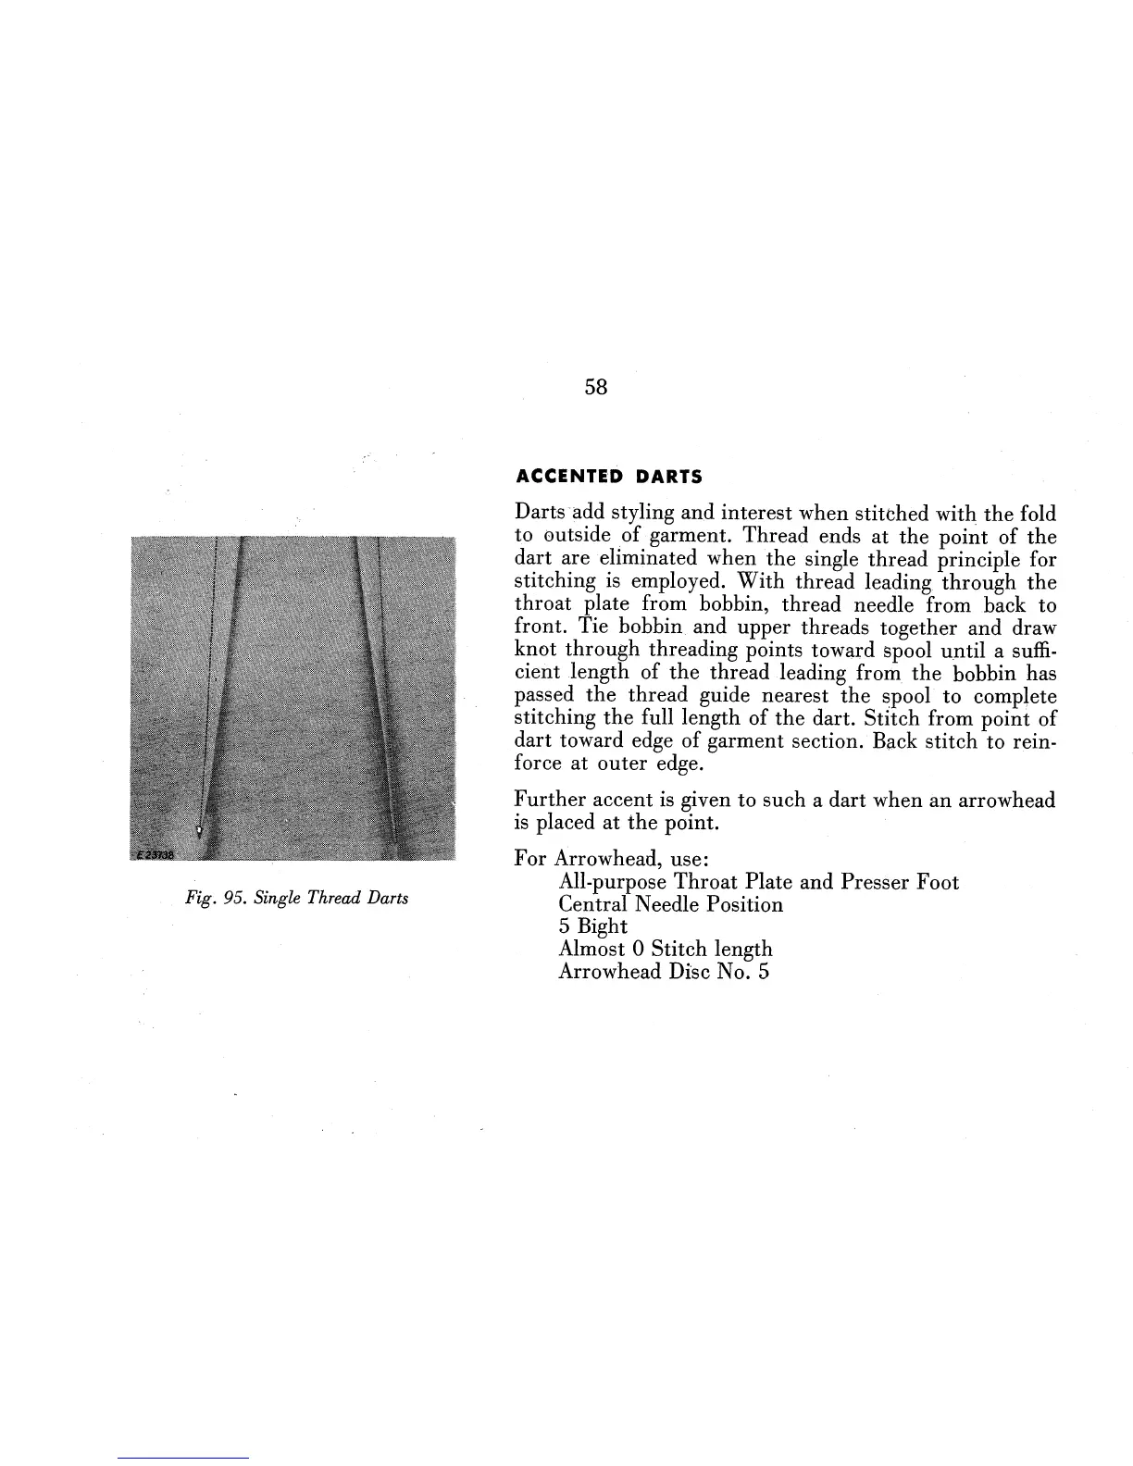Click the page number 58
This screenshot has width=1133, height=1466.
point(596,388)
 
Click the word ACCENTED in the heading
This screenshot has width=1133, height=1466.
point(569,478)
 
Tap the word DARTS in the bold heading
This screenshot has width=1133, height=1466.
point(668,478)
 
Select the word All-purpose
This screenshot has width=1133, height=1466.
point(612,882)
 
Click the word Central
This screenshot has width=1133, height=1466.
point(592,904)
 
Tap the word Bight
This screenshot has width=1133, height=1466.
point(603,927)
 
